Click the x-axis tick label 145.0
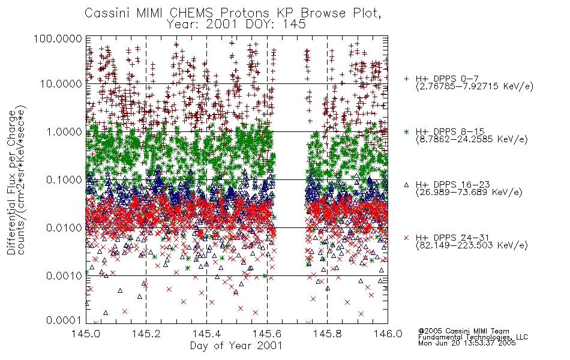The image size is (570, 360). pyautogui.click(x=85, y=334)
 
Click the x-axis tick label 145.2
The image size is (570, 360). pyautogui.click(x=146, y=334)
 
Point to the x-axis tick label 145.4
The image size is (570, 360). pyautogui.click(x=206, y=334)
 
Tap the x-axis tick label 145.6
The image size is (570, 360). pyautogui.click(x=267, y=334)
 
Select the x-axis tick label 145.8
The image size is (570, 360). pyautogui.click(x=327, y=334)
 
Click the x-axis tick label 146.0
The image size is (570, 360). pyautogui.click(x=388, y=334)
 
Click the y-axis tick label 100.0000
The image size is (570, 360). pyautogui.click(x=58, y=38)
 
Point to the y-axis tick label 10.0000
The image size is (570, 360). pyautogui.click(x=61, y=84)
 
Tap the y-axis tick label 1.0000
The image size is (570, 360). pyautogui.click(x=64, y=131)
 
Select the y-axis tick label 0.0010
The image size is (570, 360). pyautogui.click(x=64, y=276)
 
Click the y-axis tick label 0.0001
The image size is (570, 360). pyautogui.click(x=64, y=320)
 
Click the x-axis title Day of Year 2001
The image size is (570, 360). pyautogui.click(x=236, y=346)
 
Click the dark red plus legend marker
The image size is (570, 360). pyautogui.click(x=407, y=79)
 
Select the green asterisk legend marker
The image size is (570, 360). pyautogui.click(x=407, y=131)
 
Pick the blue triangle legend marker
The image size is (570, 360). pyautogui.click(x=407, y=185)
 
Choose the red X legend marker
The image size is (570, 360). pyautogui.click(x=407, y=238)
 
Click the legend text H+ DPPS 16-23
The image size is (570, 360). pyautogui.click(x=453, y=185)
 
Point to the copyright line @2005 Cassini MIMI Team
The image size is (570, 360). pyautogui.click(x=464, y=331)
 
